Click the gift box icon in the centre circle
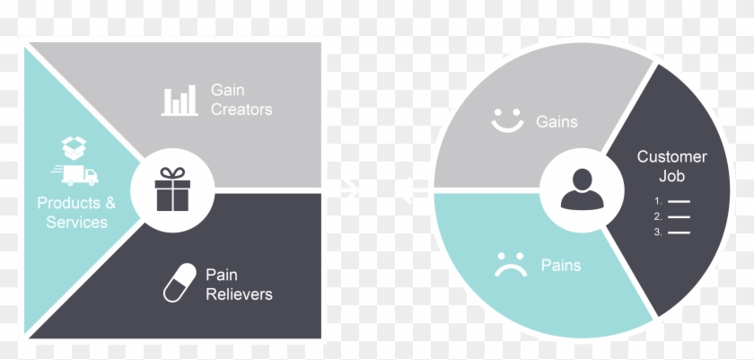[x=172, y=191]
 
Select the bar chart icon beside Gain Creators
[x=180, y=101]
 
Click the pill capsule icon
[x=179, y=283]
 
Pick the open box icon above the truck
[x=74, y=146]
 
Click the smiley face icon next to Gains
[x=507, y=120]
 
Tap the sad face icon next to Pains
[x=511, y=264]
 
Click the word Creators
[x=241, y=110]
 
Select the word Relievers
[x=239, y=294]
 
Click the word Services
[x=76, y=222]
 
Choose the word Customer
[x=671, y=157]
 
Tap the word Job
[x=671, y=176]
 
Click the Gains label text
[x=557, y=120]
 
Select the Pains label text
[x=560, y=265]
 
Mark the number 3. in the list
[x=658, y=233]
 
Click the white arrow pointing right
[x=346, y=189]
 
